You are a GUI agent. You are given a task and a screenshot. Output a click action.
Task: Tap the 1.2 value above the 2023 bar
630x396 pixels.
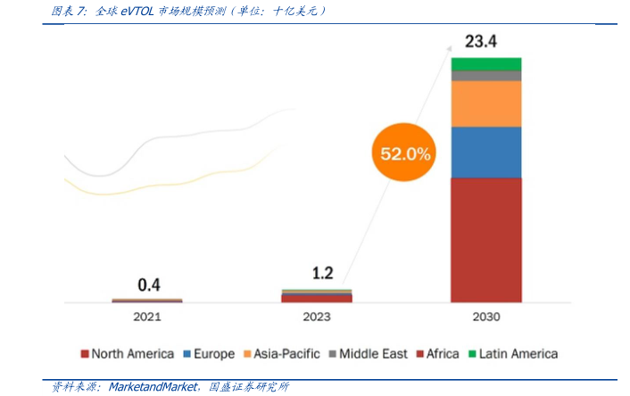click(322, 273)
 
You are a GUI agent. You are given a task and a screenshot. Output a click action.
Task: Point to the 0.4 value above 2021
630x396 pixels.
click(148, 285)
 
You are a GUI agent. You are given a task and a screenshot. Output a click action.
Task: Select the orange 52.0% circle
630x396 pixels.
click(405, 153)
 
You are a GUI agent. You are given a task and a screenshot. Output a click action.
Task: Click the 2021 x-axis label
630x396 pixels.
click(147, 317)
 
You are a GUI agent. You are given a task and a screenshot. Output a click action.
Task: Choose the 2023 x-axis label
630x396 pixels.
click(316, 317)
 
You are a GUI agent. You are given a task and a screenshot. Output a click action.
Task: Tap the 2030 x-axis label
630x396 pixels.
click(485, 317)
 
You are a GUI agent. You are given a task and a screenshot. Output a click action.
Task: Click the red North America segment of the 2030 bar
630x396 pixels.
click(485, 239)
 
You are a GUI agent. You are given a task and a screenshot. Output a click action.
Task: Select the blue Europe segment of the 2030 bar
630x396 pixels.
click(485, 152)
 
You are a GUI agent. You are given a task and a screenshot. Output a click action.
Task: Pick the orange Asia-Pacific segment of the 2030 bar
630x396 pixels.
click(485, 103)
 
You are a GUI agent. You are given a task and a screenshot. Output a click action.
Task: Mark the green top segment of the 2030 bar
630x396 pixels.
click(485, 63)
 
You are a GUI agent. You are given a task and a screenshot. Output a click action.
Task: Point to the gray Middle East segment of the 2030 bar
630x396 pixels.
click(485, 76)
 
